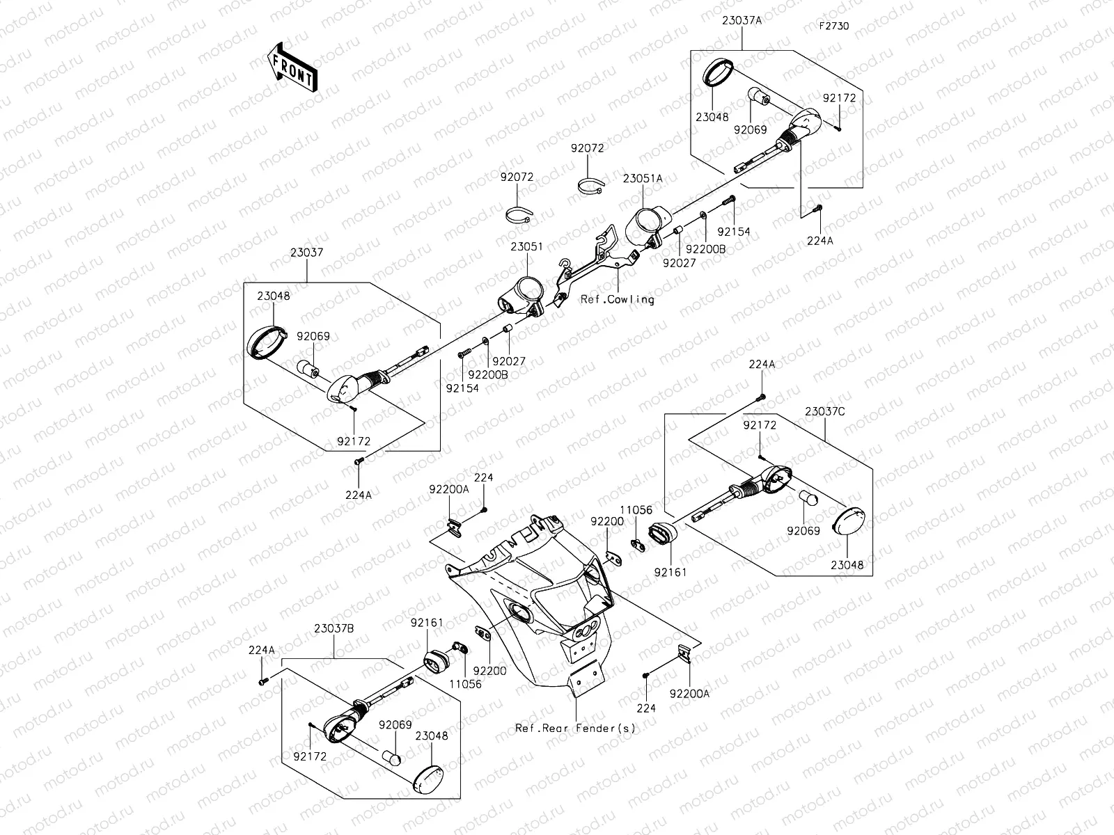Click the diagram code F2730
click(834, 26)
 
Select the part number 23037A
click(742, 21)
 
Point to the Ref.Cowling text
click(617, 300)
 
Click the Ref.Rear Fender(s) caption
click(575, 729)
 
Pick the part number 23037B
click(334, 628)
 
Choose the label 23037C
click(825, 411)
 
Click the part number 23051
click(526, 247)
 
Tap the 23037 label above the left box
click(307, 253)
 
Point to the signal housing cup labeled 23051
click(523, 292)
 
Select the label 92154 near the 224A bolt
click(734, 232)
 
